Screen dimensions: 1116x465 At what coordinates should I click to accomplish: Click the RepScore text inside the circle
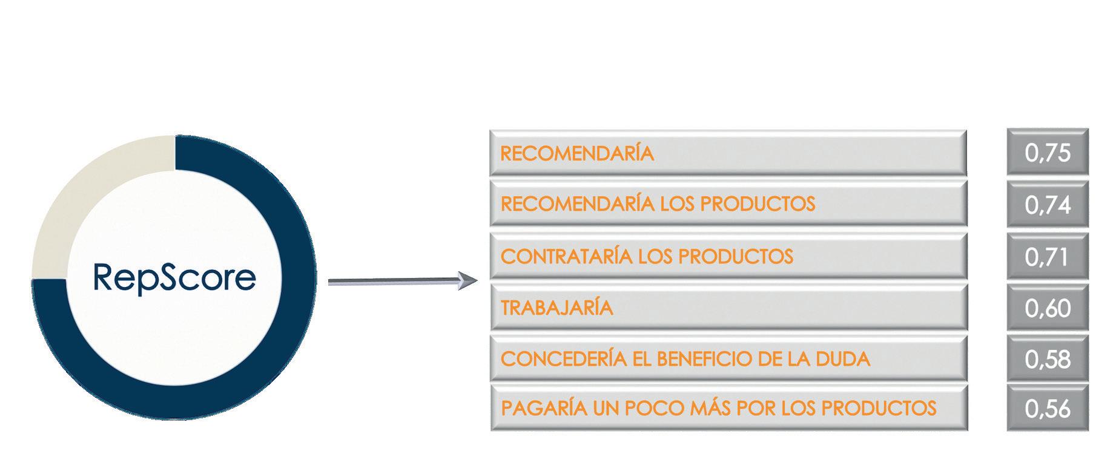174,278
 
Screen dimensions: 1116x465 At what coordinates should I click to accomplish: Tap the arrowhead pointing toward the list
467,281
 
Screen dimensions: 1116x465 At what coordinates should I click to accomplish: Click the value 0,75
1048,153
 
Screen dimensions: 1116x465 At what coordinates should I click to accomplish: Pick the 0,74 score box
1048,205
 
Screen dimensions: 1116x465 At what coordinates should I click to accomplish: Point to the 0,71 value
1048,257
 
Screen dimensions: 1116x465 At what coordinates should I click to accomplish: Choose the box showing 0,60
1048,308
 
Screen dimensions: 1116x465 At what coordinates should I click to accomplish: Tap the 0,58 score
1048,359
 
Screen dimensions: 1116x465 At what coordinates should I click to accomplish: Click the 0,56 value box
1048,409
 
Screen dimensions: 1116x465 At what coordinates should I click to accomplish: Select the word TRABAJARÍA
557,308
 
